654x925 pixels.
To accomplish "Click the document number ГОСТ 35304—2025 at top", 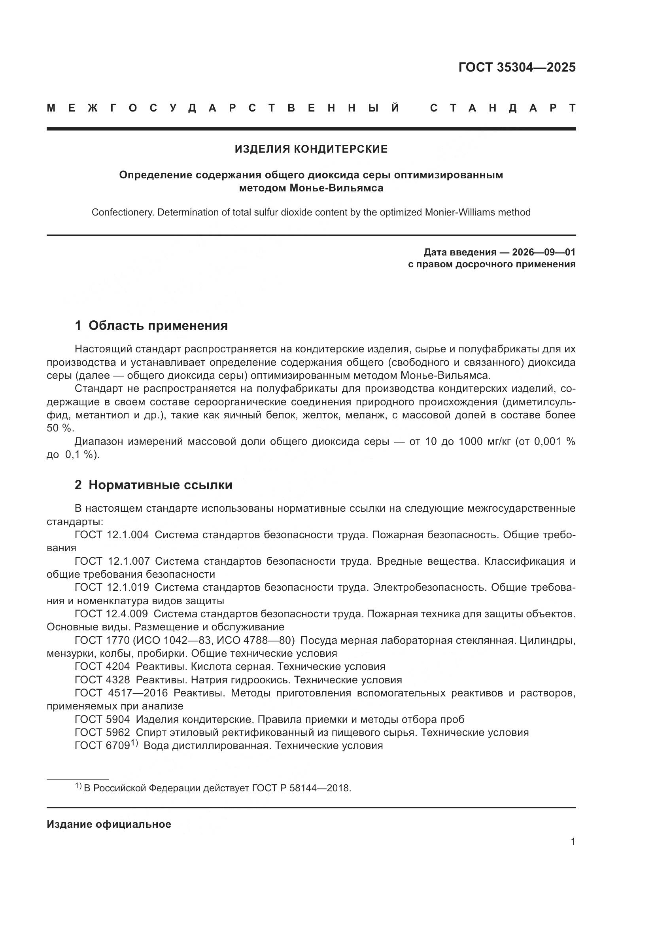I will point(517,67).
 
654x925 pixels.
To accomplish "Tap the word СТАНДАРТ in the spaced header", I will point(503,108).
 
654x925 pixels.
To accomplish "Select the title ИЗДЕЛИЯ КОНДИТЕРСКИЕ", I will point(311,149).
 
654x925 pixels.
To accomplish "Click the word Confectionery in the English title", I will point(123,212).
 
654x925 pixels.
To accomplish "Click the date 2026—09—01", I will point(543,252).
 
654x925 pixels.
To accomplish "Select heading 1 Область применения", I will point(151,325).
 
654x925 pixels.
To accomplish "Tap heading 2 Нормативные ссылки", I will point(153,485).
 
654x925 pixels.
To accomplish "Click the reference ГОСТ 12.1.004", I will point(112,535).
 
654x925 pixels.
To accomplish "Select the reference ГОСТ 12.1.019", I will point(112,587).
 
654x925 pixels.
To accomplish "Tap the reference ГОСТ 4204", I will point(102,666).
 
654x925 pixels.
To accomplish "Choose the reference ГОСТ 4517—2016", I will point(121,693).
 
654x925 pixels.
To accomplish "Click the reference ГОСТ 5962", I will point(102,732).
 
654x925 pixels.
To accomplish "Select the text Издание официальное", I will point(109,824).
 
